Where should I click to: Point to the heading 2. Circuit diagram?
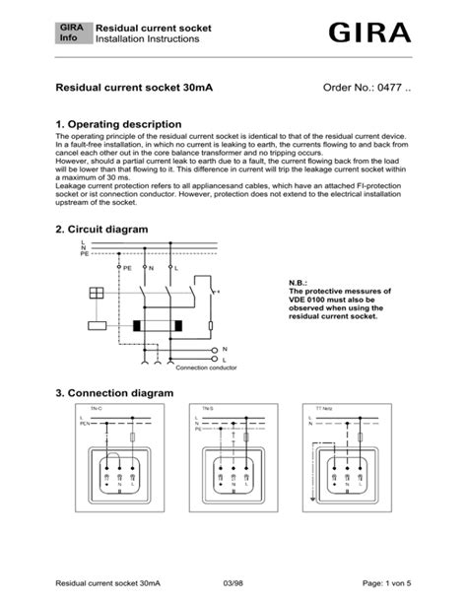tap(101, 229)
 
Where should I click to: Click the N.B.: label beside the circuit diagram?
tap(299, 283)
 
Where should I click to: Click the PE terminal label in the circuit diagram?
tap(126, 267)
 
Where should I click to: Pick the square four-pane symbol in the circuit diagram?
tap(97, 294)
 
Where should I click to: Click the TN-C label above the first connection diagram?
tap(97, 408)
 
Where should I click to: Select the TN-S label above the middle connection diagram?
tap(209, 408)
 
